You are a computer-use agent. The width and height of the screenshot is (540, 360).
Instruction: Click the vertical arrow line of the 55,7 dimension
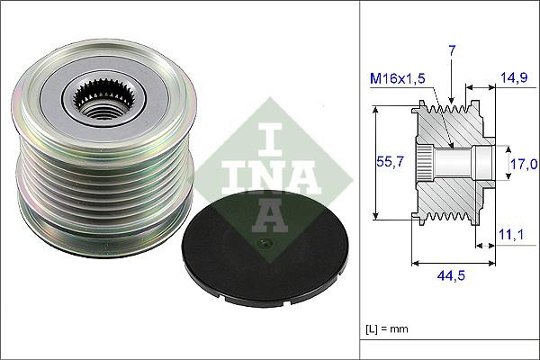tap(375, 180)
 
